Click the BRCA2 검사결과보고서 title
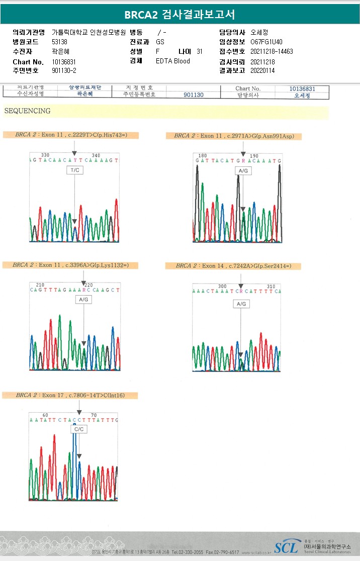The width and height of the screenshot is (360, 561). tap(179, 15)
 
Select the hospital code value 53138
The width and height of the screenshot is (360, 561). tap(60, 42)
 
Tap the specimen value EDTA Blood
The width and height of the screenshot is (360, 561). tap(173, 61)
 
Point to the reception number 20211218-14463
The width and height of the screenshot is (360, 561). tap(272, 51)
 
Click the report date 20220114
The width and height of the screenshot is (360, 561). tap(262, 70)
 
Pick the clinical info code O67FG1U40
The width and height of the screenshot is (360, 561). tap(266, 42)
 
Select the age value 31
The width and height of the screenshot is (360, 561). tap(200, 51)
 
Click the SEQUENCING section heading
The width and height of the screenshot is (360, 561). tap(27, 111)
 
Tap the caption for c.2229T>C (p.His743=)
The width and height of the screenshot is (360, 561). tap(70, 135)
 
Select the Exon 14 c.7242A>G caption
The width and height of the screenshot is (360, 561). tap(233, 265)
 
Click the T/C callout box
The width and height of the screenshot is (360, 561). tap(74, 170)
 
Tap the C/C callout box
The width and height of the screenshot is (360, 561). tap(79, 429)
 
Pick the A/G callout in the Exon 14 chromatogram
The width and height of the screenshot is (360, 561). tap(241, 304)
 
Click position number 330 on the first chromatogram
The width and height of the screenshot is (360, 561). tap(45, 155)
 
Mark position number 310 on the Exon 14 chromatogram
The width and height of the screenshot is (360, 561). tap(271, 286)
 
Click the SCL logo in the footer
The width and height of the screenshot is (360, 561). tap(286, 547)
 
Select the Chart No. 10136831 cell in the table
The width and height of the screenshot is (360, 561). tap(302, 88)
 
